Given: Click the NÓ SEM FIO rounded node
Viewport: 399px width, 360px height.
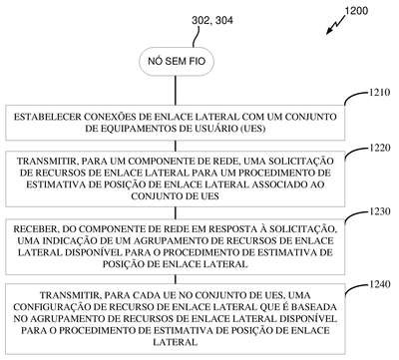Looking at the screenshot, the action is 177,61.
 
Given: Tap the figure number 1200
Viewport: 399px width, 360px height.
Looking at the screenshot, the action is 356,11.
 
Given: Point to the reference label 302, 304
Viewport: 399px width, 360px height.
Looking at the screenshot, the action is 212,21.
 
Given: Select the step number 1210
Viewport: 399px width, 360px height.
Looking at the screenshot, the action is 379,92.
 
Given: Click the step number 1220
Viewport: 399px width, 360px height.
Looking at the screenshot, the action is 379,148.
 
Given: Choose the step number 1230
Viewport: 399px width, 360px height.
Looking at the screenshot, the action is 379,211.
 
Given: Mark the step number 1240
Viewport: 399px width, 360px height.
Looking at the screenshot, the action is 379,284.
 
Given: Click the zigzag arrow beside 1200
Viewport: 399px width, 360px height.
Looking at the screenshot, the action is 335,24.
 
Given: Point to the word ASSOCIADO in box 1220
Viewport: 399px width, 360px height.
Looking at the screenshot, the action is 278,184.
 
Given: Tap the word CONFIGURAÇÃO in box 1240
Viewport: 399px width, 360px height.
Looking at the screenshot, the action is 48,307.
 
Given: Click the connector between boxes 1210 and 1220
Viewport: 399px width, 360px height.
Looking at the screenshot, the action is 176,146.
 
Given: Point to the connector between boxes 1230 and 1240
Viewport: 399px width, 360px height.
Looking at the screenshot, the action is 176,279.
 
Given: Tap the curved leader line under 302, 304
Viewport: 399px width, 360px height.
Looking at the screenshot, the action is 197,37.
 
